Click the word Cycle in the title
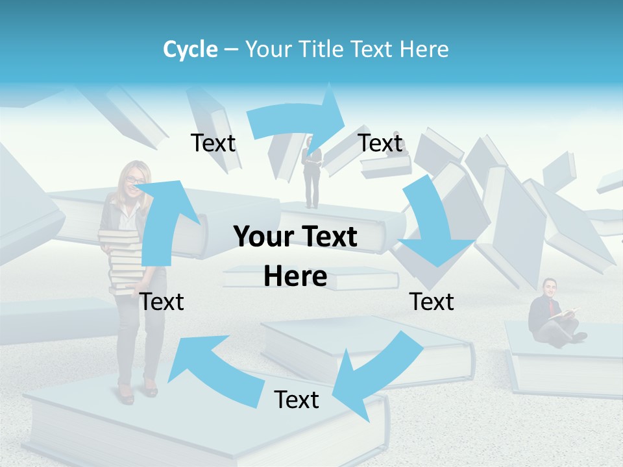[x=190, y=49]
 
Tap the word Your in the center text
[x=263, y=237]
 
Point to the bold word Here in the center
[x=295, y=277]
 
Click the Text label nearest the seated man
[x=432, y=302]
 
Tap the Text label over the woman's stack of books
[x=162, y=302]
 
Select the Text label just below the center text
[x=297, y=400]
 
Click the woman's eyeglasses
[x=134, y=180]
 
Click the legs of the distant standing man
[x=313, y=191]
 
